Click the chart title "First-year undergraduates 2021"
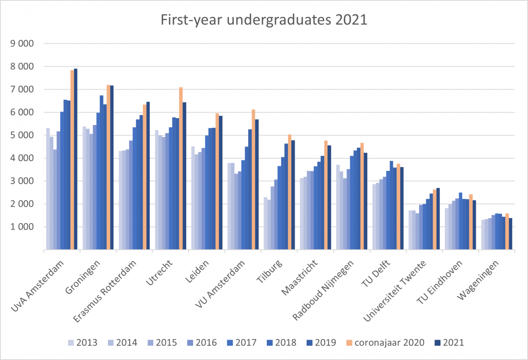point(264,20)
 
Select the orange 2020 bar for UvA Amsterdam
point(72,160)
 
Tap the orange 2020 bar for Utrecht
point(181,168)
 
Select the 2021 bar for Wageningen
point(510,234)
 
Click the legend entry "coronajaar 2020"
point(384,343)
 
